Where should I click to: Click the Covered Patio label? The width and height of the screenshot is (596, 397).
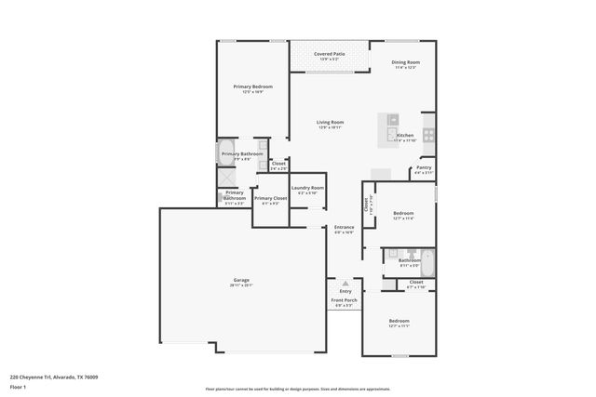(329, 54)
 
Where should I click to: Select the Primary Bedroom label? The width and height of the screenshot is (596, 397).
(252, 86)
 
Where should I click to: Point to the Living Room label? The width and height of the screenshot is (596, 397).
(330, 122)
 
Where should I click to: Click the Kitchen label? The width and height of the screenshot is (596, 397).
(405, 136)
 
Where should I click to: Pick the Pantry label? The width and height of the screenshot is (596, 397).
(424, 167)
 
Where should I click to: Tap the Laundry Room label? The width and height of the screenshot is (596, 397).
(307, 188)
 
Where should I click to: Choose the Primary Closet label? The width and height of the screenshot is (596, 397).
(270, 198)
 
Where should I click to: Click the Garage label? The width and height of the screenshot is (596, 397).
(241, 280)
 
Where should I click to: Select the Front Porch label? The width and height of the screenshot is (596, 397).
(345, 300)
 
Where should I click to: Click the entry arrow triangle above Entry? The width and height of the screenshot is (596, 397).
(345, 283)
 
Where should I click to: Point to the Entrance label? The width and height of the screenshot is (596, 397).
(344, 227)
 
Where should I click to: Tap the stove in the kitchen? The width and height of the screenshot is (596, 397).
(428, 135)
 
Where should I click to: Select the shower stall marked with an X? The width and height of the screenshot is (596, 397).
(226, 178)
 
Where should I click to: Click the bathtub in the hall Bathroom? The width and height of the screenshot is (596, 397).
(427, 259)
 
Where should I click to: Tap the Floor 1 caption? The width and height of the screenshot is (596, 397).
(18, 386)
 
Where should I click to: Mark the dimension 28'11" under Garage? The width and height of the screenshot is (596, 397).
(235, 285)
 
